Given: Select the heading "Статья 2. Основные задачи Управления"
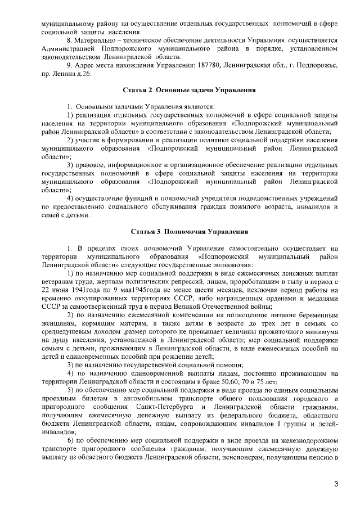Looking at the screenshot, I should point(190,89).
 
